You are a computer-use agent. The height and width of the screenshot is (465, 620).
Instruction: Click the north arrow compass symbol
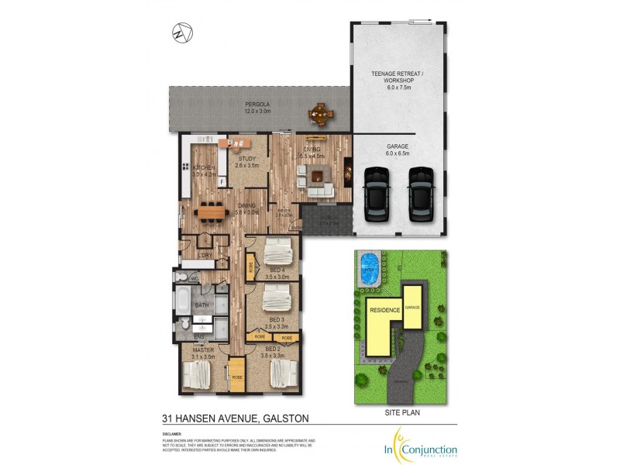183,34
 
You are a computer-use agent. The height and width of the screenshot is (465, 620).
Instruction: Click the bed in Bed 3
277,297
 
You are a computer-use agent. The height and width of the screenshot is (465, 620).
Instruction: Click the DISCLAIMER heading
172,434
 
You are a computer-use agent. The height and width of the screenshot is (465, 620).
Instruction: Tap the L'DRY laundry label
205,255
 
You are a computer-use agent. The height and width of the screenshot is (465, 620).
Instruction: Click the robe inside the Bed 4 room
251,268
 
